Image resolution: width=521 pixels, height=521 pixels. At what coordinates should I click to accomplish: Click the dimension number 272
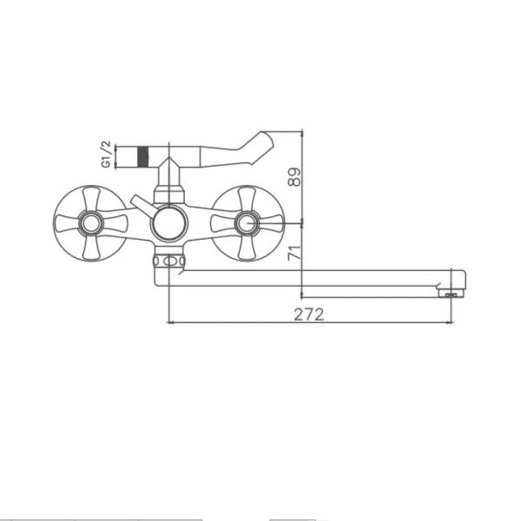(309, 313)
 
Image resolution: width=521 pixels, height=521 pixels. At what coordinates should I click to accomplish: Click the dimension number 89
(295, 177)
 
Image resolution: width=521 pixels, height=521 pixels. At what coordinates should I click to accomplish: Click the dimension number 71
(294, 254)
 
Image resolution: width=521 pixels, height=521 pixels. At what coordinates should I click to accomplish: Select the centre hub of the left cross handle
(89, 224)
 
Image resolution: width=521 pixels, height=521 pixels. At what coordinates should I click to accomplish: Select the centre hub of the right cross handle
(247, 224)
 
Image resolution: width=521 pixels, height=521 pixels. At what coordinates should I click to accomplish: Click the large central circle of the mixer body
(168, 224)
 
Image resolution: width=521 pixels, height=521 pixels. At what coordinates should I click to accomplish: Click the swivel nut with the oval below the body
(169, 260)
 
